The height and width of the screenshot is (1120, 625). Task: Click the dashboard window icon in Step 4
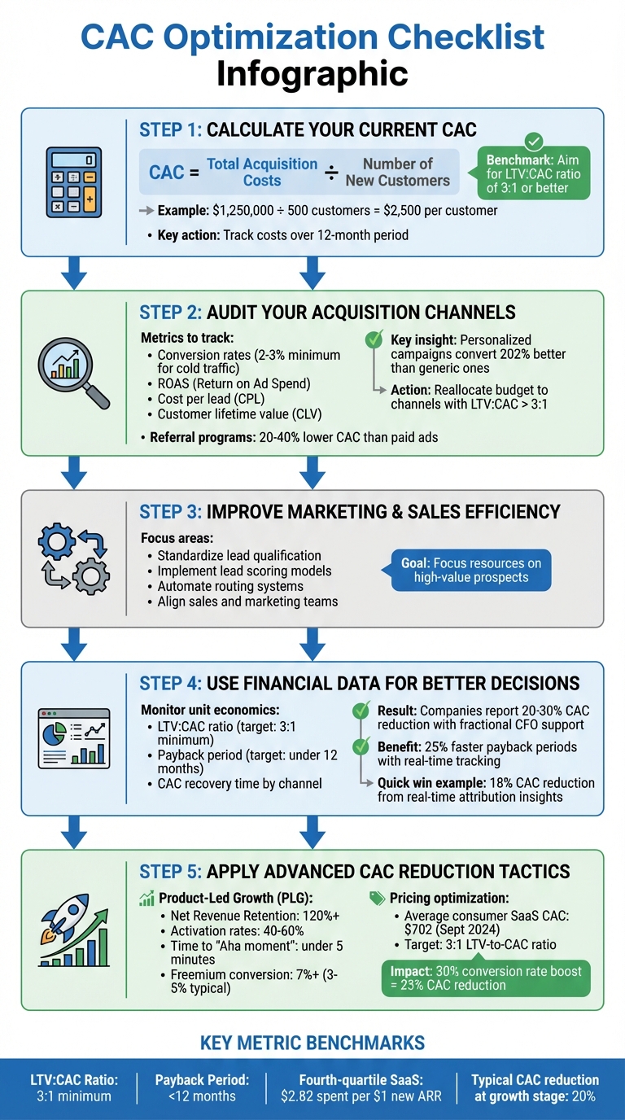[x=74, y=737]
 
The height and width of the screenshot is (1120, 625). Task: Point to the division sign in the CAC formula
[x=332, y=173]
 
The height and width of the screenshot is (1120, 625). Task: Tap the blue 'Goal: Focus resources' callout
[x=470, y=570]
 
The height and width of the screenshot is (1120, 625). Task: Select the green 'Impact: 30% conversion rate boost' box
[x=486, y=978]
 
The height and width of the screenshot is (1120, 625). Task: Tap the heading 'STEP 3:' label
[x=170, y=512]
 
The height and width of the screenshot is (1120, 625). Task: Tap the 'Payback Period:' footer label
[x=203, y=1080]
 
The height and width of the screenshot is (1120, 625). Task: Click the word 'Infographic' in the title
[x=312, y=73]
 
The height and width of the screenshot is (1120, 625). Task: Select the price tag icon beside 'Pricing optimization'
[x=377, y=897]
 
